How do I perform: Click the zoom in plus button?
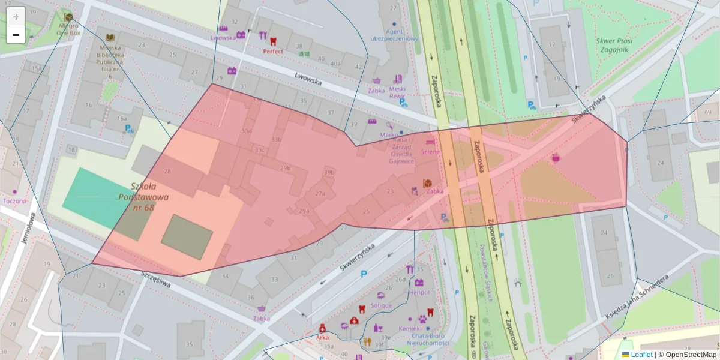click(16, 16)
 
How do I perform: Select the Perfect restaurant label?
click(273, 51)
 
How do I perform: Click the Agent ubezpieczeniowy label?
click(394, 35)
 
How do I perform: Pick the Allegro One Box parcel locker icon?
click(68, 17)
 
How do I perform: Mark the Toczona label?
click(14, 201)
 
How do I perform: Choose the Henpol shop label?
click(419, 292)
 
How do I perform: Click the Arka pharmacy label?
click(322, 337)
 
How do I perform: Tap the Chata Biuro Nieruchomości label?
click(428, 340)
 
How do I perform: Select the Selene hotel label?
click(430, 152)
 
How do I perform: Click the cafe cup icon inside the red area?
click(556, 158)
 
